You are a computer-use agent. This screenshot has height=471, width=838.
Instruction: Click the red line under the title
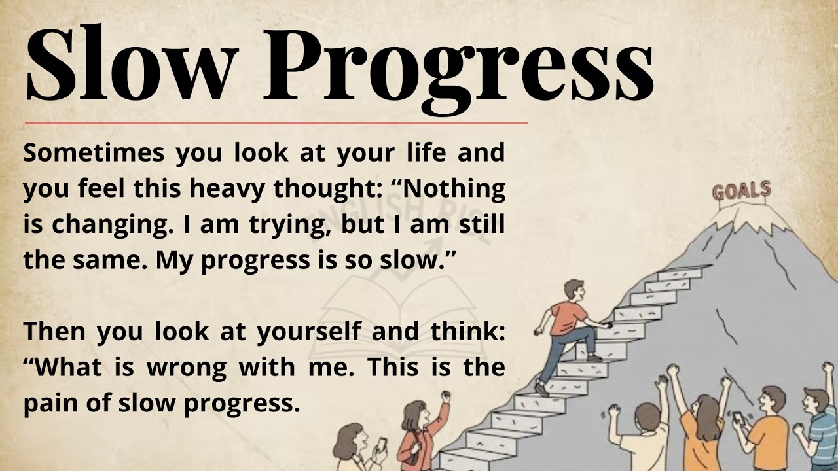coord(275,122)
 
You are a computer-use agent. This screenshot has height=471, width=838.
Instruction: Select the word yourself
coord(308,332)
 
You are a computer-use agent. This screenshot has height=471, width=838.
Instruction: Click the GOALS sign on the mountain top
coord(741,192)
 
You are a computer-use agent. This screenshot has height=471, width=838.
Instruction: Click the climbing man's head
coord(573,288)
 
